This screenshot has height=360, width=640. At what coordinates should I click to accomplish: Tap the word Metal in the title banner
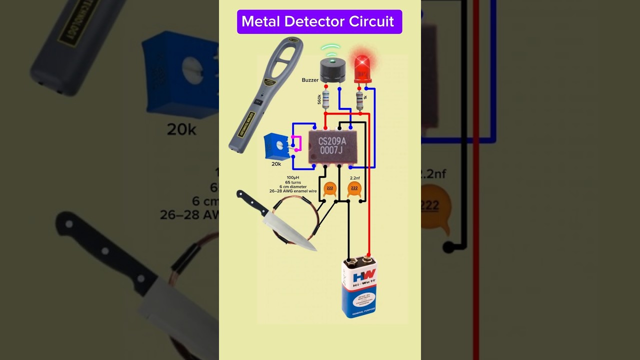pos(260,21)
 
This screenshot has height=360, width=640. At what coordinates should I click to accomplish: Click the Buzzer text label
pos(310,80)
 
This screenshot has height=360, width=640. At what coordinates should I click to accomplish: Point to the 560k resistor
pos(326,100)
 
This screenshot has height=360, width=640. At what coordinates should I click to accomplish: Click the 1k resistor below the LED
pos(359,100)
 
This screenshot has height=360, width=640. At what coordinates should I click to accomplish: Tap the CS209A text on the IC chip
pos(332,141)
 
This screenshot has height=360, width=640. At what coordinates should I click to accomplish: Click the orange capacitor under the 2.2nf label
pos(354,188)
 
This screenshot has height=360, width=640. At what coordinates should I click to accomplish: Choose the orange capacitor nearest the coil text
pos(329,188)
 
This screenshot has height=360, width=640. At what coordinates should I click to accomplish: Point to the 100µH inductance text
pos(293,177)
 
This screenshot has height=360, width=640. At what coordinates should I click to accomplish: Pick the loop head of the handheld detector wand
pos(286,57)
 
